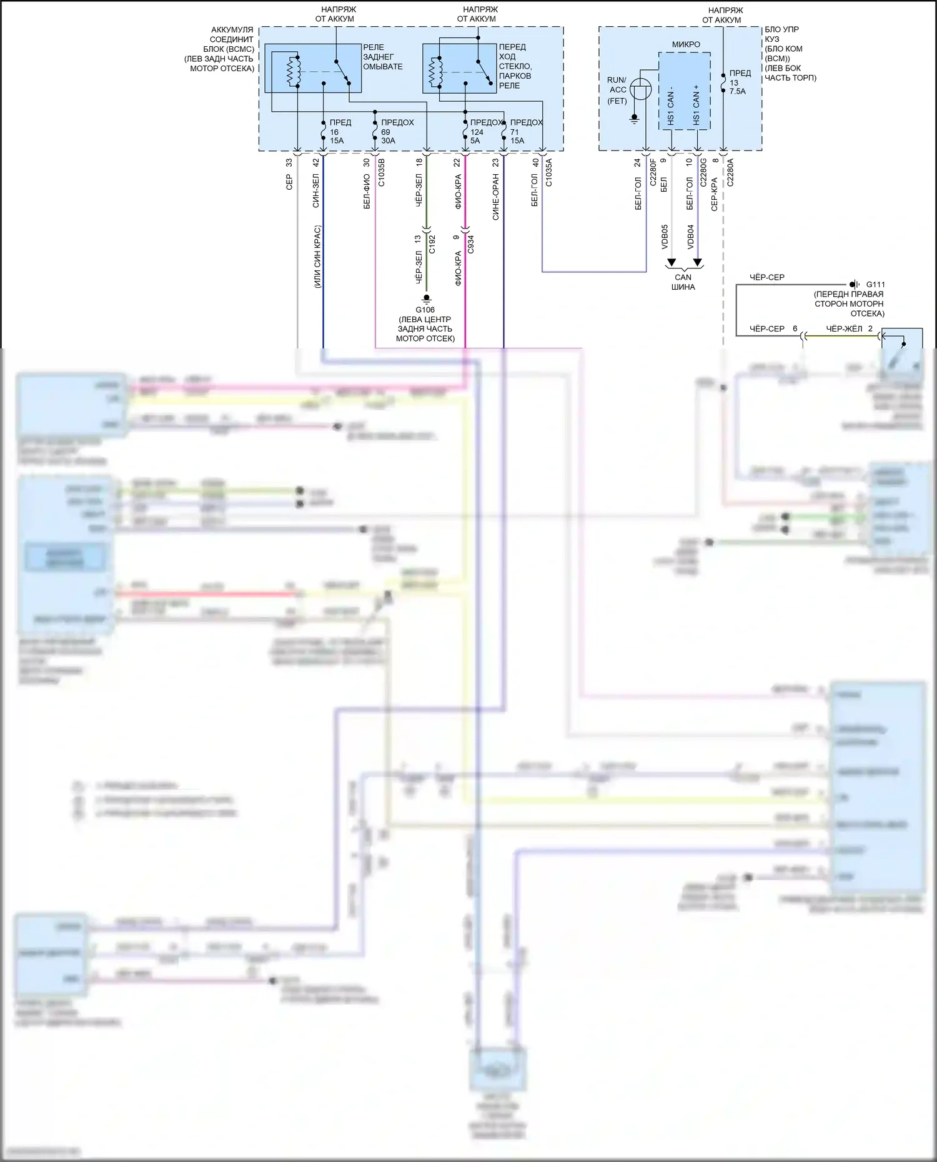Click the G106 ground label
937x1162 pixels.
click(425, 310)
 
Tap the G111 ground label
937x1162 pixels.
click(875, 284)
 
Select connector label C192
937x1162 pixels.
click(432, 244)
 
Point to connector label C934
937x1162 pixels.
click(470, 244)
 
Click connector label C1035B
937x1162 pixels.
click(382, 172)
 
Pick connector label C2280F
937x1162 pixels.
click(653, 172)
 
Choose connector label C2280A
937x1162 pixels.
click(730, 172)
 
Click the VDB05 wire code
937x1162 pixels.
click(665, 237)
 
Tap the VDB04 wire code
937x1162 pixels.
click(690, 237)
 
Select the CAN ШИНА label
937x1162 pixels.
click(683, 282)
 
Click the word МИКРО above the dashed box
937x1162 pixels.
click(686, 44)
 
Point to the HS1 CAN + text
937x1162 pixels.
click(697, 105)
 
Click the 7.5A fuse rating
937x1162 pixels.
click(738, 91)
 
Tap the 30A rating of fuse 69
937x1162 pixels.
click(388, 140)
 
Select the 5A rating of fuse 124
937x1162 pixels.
click(475, 140)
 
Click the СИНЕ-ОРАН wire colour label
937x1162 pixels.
click(496, 197)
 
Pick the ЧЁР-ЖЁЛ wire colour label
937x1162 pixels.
click(844, 328)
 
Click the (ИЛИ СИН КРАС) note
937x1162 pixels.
click(317, 257)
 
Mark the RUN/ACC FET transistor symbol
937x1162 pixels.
click(640, 89)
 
